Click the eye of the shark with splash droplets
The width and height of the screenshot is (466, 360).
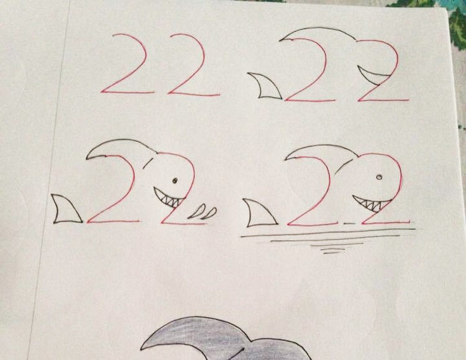click(x=175, y=180)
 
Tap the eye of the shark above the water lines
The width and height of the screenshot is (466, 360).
click(x=379, y=177)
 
